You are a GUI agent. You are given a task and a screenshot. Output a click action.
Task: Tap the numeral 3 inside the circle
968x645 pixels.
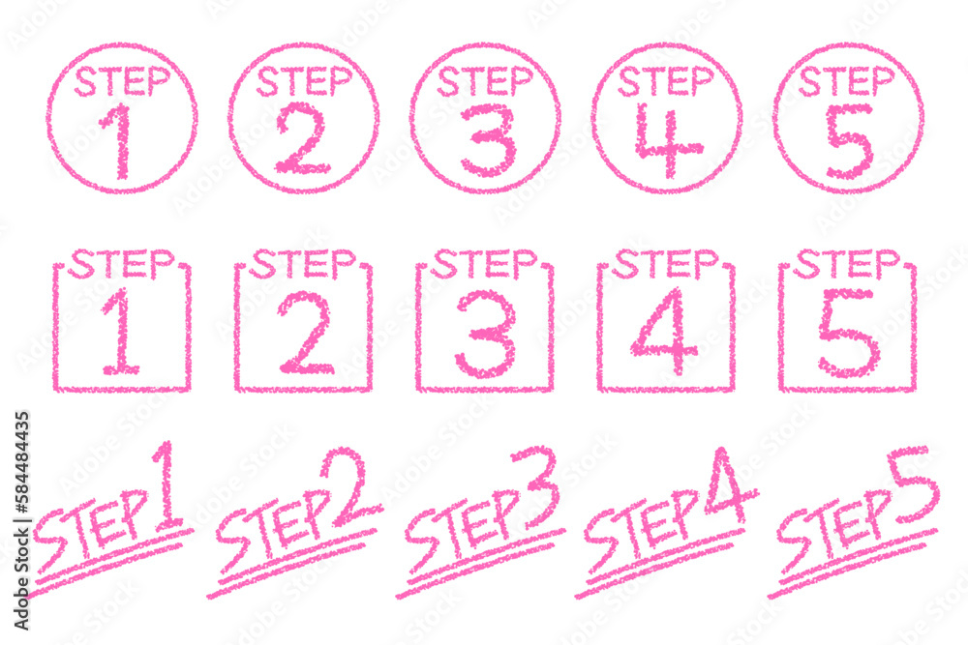point(487,140)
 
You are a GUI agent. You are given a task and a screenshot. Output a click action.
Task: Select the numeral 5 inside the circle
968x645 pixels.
point(850,141)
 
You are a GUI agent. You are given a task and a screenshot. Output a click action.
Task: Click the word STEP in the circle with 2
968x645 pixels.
point(304,82)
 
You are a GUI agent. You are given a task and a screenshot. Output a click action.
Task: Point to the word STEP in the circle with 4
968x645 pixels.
point(666,82)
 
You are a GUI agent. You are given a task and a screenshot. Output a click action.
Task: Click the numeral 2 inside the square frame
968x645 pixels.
point(306,333)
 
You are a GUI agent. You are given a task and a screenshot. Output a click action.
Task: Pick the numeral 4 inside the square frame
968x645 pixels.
point(664,332)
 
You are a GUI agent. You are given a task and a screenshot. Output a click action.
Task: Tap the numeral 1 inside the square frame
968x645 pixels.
point(121,333)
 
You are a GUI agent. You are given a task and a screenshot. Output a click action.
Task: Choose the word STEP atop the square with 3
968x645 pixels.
point(483,264)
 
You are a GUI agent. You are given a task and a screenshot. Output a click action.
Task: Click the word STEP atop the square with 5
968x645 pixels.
point(846,264)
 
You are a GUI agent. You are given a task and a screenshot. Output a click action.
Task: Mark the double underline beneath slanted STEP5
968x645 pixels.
point(852,563)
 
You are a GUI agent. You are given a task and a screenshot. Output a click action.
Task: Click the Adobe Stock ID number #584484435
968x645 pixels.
point(21,462)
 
